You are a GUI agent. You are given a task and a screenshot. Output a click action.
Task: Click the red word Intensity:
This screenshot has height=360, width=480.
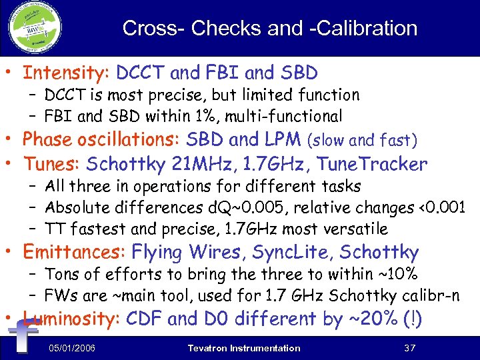point(67,72)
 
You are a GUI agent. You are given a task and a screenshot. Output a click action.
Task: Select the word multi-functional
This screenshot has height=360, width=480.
point(285,116)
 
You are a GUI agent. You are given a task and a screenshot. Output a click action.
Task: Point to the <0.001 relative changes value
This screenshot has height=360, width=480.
point(438,207)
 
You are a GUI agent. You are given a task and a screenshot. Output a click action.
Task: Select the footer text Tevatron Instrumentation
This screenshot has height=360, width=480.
point(244,348)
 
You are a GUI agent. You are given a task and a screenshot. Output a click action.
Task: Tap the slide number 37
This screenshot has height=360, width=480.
point(409,348)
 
